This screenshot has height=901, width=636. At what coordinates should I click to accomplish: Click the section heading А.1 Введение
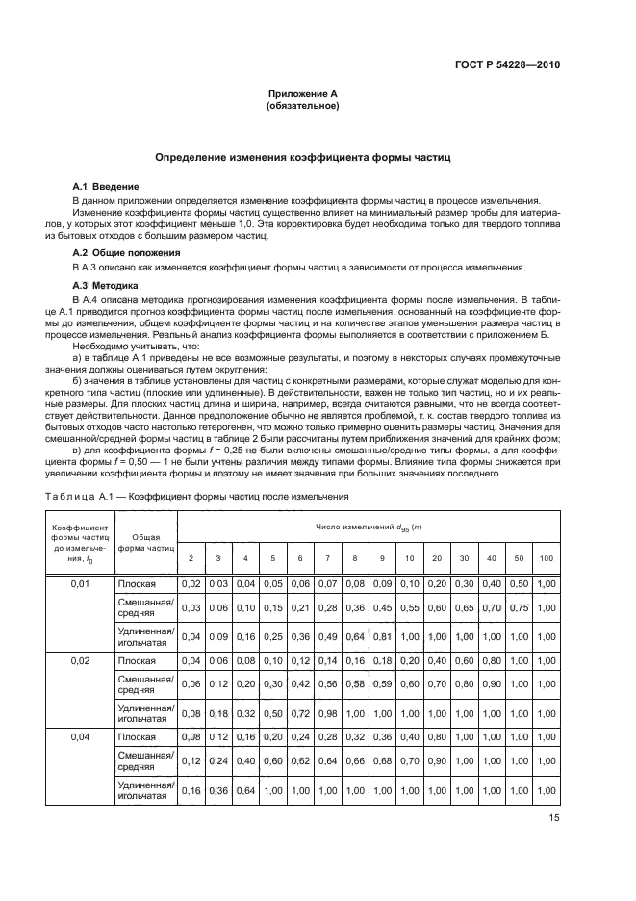coord(106,185)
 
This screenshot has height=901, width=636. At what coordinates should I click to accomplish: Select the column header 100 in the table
coord(547,558)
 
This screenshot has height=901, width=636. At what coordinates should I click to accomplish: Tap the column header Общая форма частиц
coord(145,543)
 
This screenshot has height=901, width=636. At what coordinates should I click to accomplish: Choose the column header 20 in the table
coord(437,558)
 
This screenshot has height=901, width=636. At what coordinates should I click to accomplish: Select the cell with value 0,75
coord(520,607)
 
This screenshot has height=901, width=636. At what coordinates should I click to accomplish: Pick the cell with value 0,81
coord(382,635)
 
